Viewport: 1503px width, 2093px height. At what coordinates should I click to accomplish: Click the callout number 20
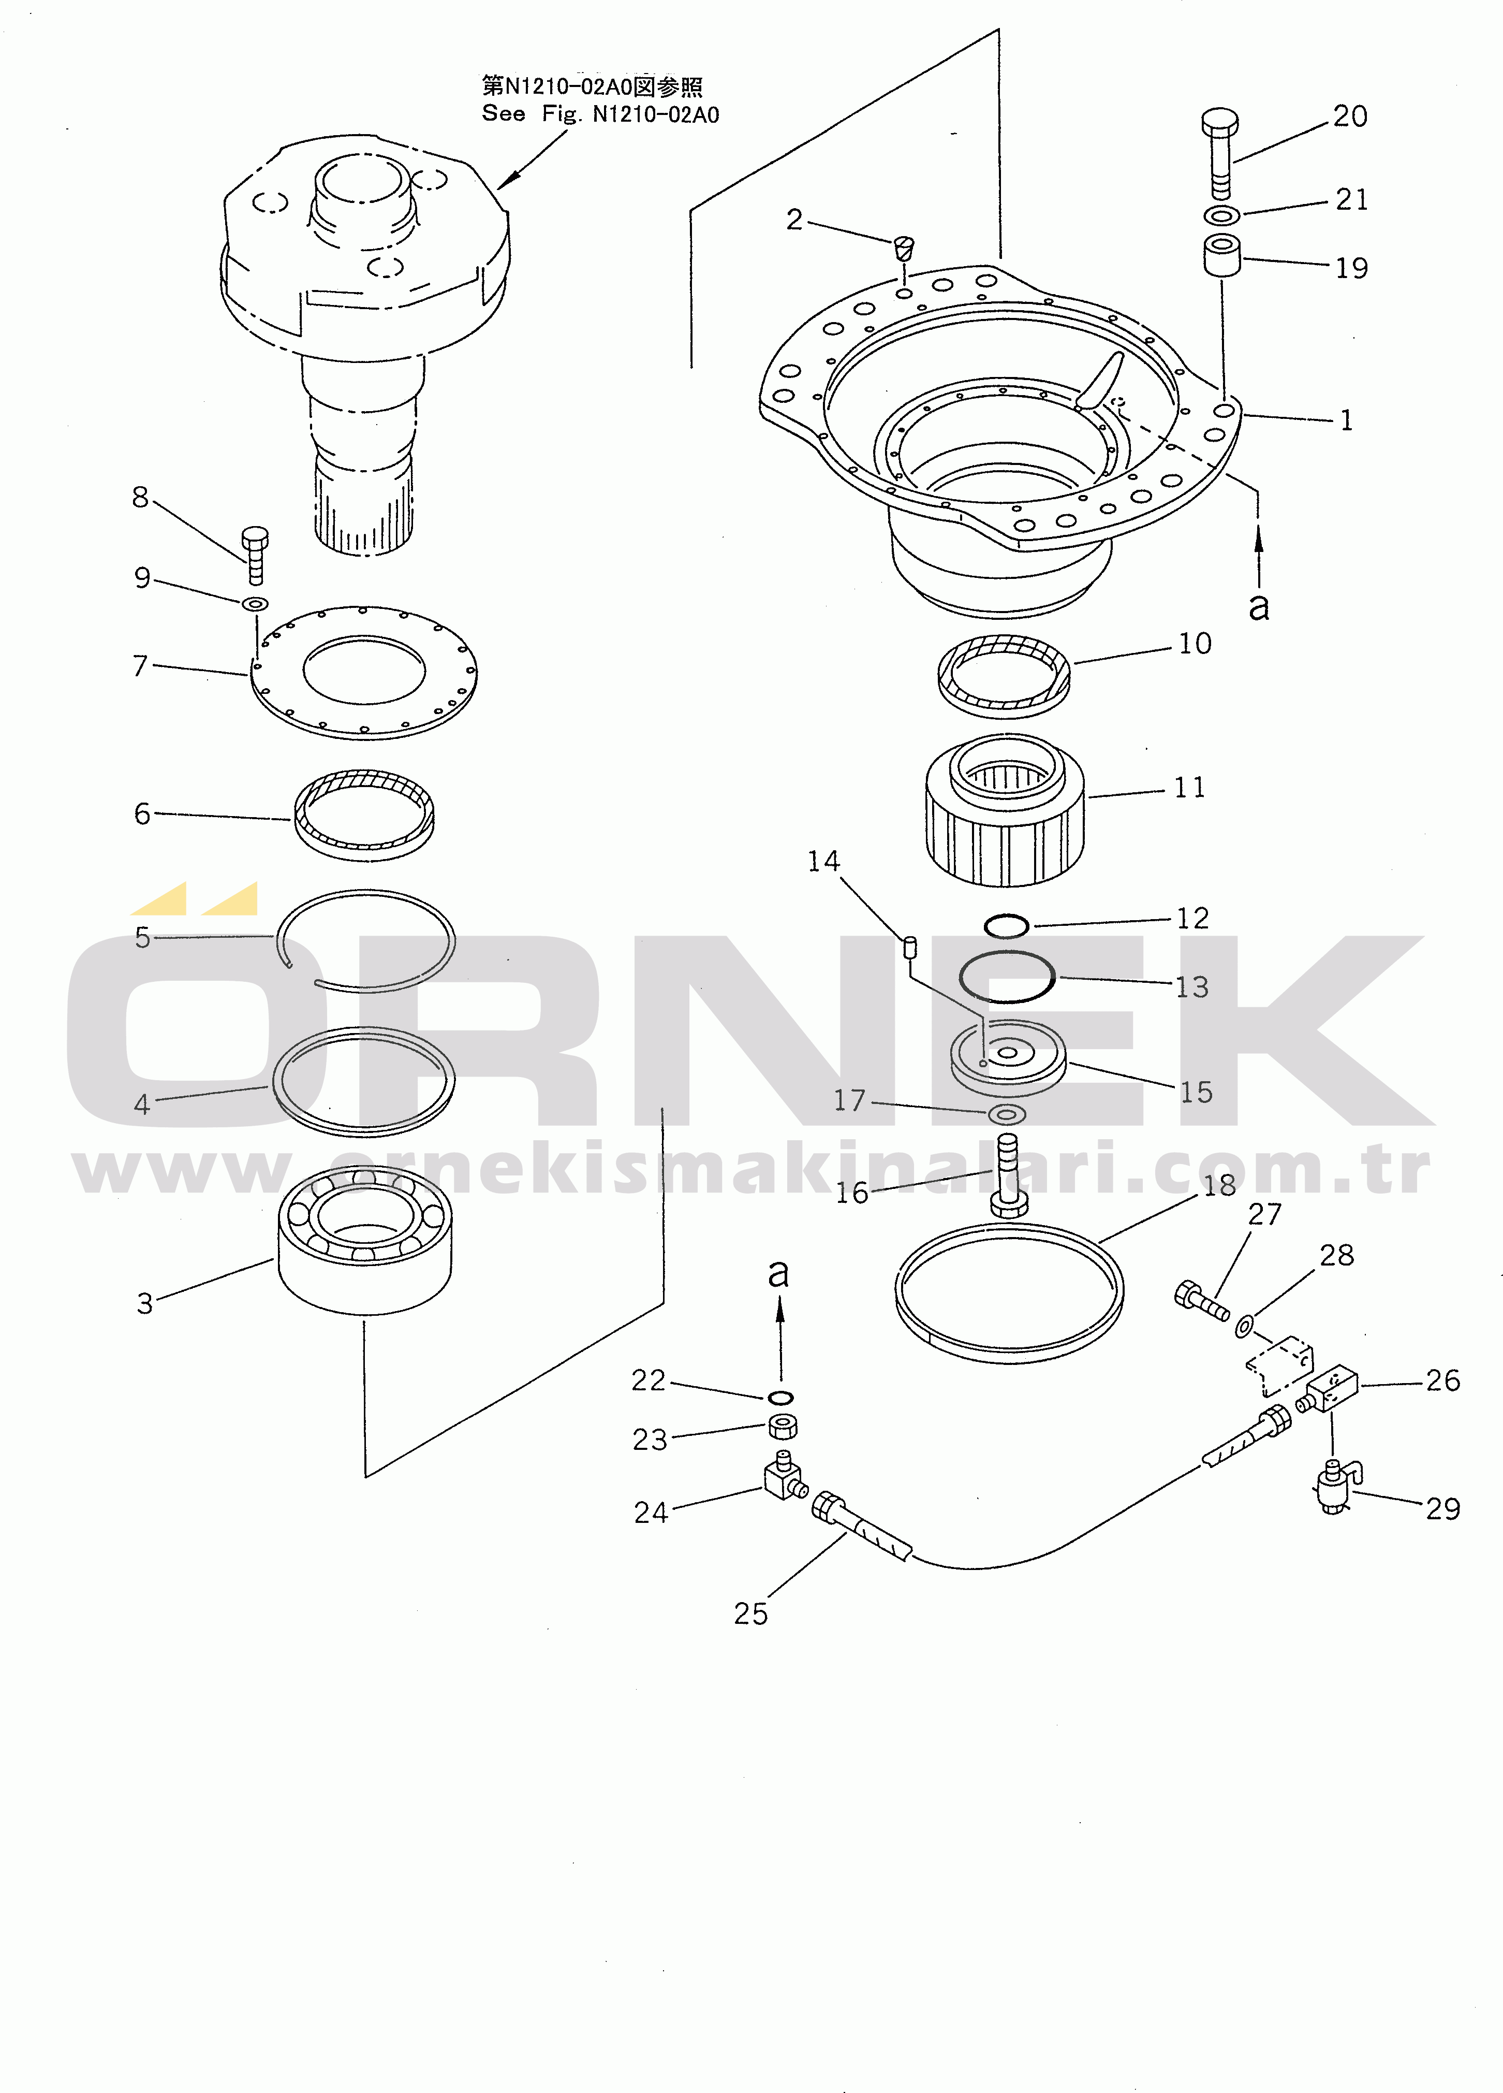[1350, 117]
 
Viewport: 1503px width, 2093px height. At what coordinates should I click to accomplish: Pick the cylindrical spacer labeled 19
[1221, 256]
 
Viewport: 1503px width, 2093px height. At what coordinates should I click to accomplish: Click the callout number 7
[140, 665]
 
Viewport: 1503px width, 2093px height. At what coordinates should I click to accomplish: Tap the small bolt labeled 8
[255, 556]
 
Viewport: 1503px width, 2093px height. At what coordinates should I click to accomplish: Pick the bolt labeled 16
[1008, 1176]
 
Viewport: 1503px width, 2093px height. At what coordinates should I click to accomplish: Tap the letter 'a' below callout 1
[1259, 606]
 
